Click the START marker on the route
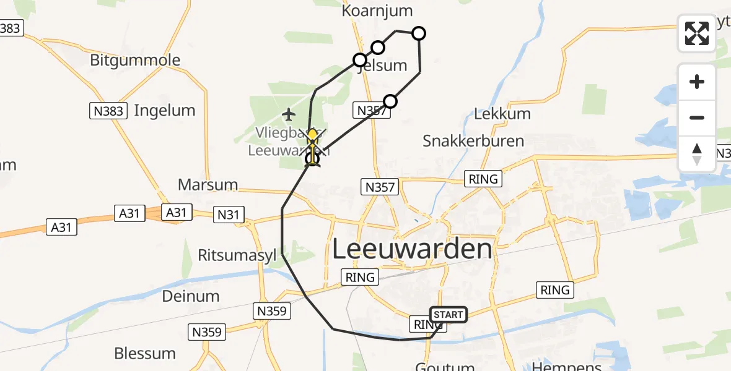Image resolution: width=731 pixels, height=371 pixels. pyautogui.click(x=449, y=315)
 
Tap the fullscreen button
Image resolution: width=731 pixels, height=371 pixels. pyautogui.click(x=697, y=33)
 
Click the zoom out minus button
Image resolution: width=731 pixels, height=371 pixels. pyautogui.click(x=697, y=117)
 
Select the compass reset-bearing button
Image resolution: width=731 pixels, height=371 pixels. pyautogui.click(x=697, y=153)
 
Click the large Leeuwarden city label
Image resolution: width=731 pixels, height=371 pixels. pyautogui.click(x=412, y=250)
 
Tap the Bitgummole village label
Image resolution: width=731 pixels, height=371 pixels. pyautogui.click(x=135, y=61)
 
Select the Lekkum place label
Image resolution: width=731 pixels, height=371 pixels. pyautogui.click(x=502, y=114)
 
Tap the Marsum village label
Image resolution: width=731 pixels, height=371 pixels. pyautogui.click(x=208, y=184)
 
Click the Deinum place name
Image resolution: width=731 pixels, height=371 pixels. pyautogui.click(x=191, y=296)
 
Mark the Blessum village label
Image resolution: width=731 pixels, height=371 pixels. pyautogui.click(x=145, y=354)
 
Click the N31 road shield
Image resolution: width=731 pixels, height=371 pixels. pyautogui.click(x=229, y=215)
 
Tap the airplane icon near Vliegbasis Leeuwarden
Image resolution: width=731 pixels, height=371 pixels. pyautogui.click(x=288, y=114)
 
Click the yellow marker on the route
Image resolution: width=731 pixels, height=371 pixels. pyautogui.click(x=312, y=135)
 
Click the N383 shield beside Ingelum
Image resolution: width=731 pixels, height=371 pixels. pyautogui.click(x=108, y=111)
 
